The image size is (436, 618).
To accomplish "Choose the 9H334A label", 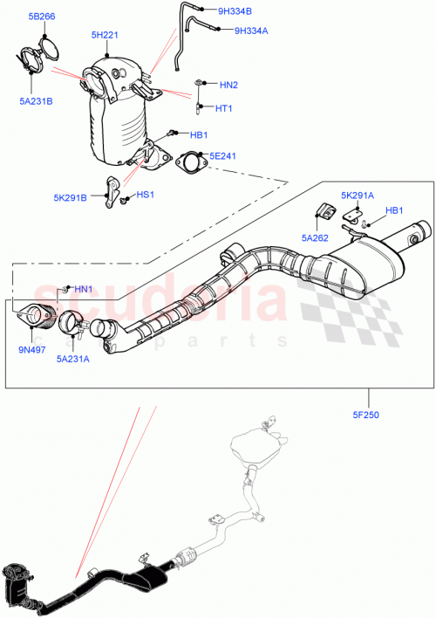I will click(251, 31).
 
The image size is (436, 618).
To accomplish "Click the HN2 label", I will click(228, 85).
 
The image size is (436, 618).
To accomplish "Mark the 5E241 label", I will click(222, 155).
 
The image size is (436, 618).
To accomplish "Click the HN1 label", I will click(82, 289).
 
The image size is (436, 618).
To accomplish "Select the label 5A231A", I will click(74, 357).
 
